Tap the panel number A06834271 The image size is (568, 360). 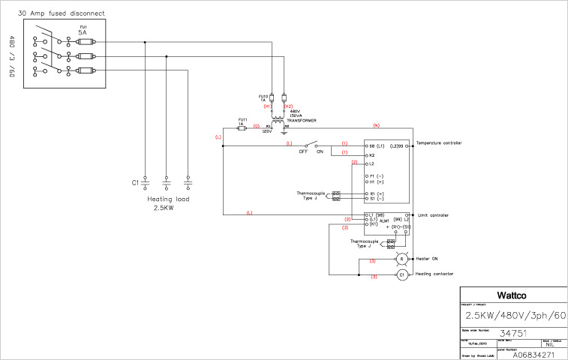tap(533, 354)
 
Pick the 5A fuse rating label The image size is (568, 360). tap(83, 33)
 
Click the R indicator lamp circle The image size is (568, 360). tap(401, 259)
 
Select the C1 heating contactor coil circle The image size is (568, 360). tap(401, 274)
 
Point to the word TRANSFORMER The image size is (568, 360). tap(301, 120)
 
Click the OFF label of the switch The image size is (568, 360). tap(304, 151)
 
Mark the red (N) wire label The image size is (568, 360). tap(377, 124)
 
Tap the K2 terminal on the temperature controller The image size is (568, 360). tap(371, 155)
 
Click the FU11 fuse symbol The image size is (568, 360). tap(242, 128)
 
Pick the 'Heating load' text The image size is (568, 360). tap(168, 199)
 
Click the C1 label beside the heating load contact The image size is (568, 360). tap(136, 182)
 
